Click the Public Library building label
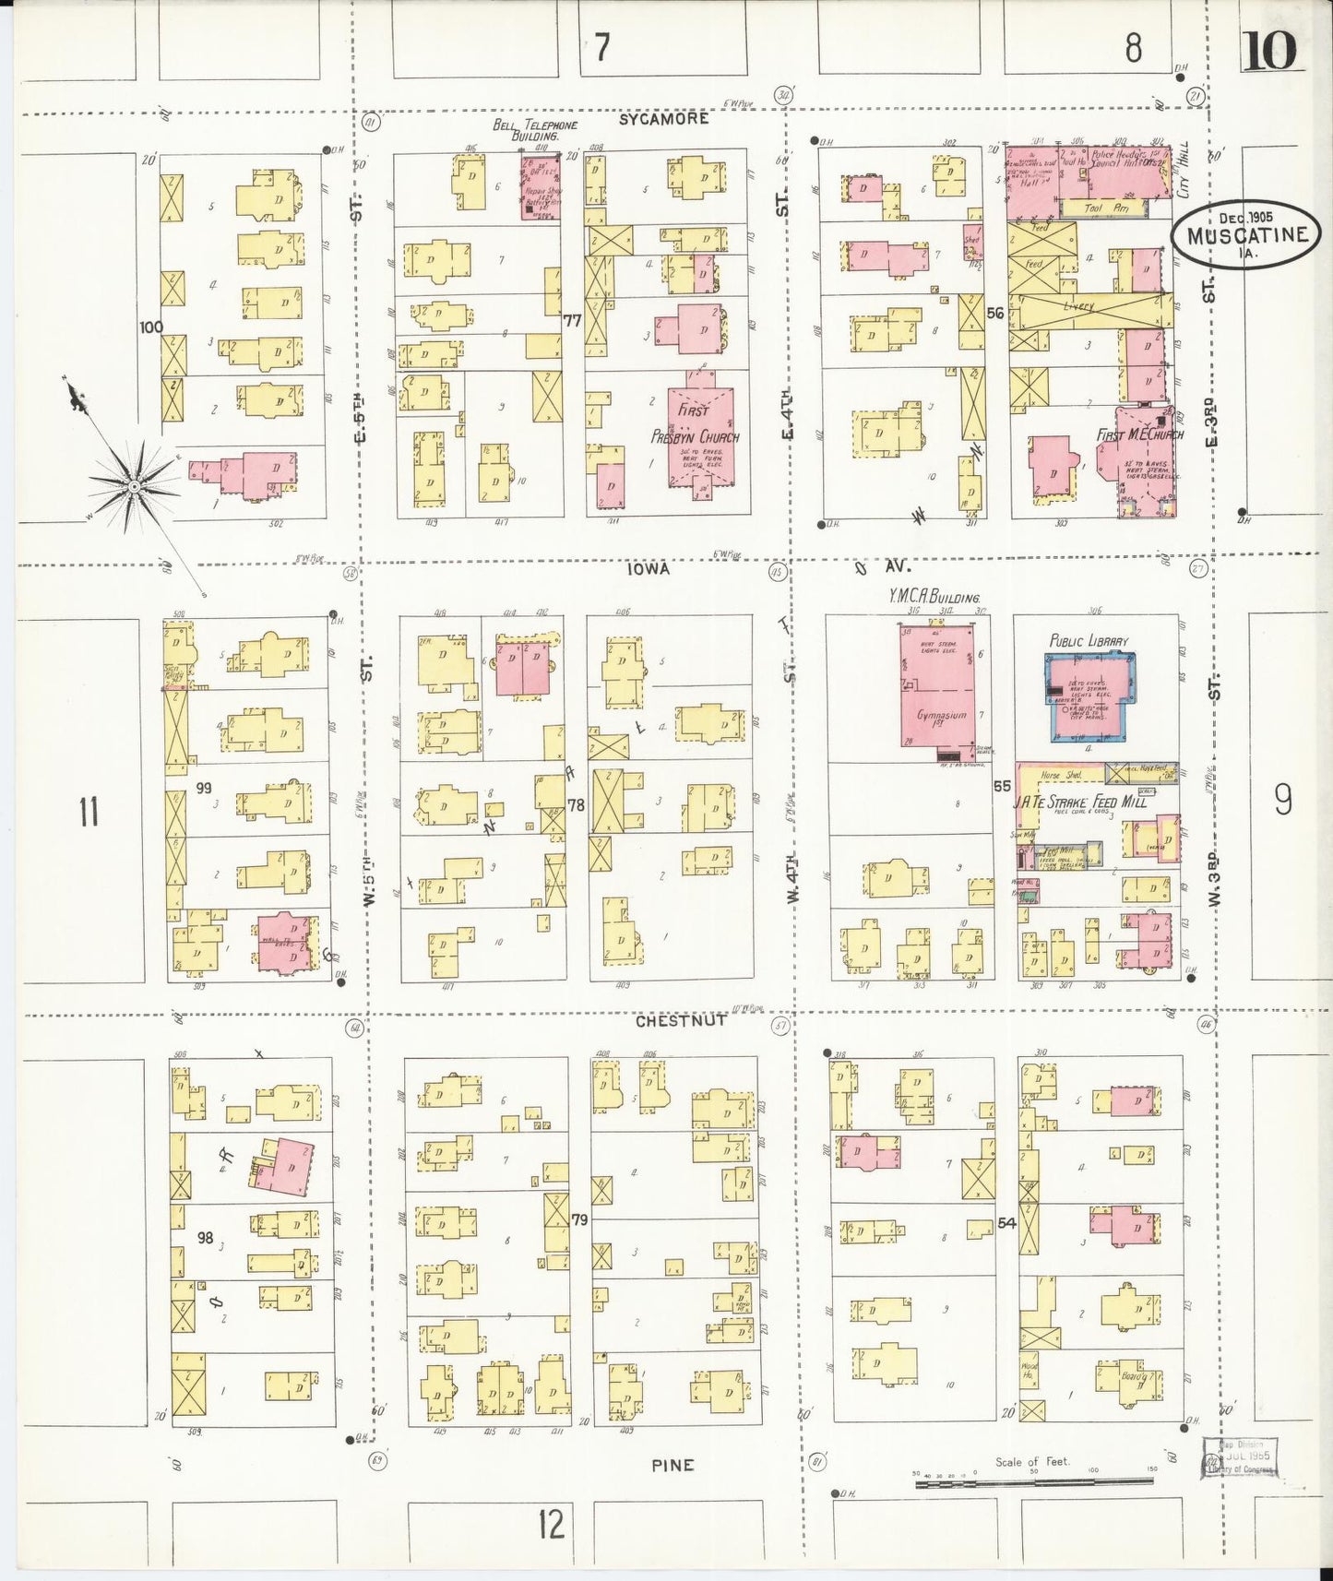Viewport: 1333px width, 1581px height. click(x=1089, y=641)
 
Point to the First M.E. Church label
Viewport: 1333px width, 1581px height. click(x=1139, y=434)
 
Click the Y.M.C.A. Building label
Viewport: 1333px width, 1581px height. click(x=934, y=598)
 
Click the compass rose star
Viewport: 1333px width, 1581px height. click(x=135, y=485)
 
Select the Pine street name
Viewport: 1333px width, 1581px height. click(x=672, y=1465)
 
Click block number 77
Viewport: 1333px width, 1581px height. click(x=573, y=320)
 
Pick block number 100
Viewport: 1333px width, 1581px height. click(x=151, y=327)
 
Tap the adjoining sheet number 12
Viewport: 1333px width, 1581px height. click(x=551, y=1523)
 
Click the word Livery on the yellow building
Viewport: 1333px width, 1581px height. click(x=1077, y=305)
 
